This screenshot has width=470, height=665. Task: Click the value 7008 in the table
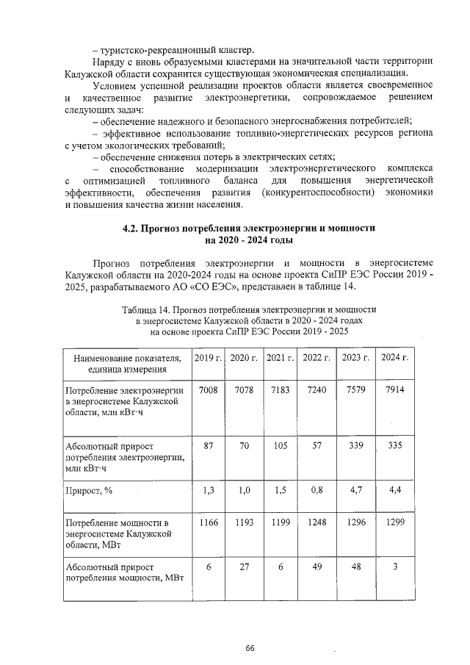click(x=209, y=389)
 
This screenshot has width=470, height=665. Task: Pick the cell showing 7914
click(x=395, y=389)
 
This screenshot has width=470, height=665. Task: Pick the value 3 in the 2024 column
click(x=395, y=567)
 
